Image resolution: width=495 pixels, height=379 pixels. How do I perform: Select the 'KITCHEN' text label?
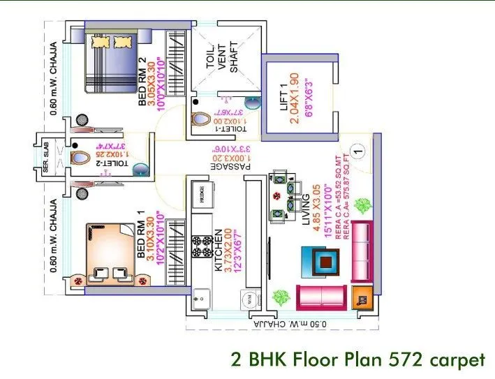(x=219, y=250)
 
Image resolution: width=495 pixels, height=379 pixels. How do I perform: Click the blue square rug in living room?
(x=323, y=261)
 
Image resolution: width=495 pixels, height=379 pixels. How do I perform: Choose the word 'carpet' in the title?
(x=454, y=359)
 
